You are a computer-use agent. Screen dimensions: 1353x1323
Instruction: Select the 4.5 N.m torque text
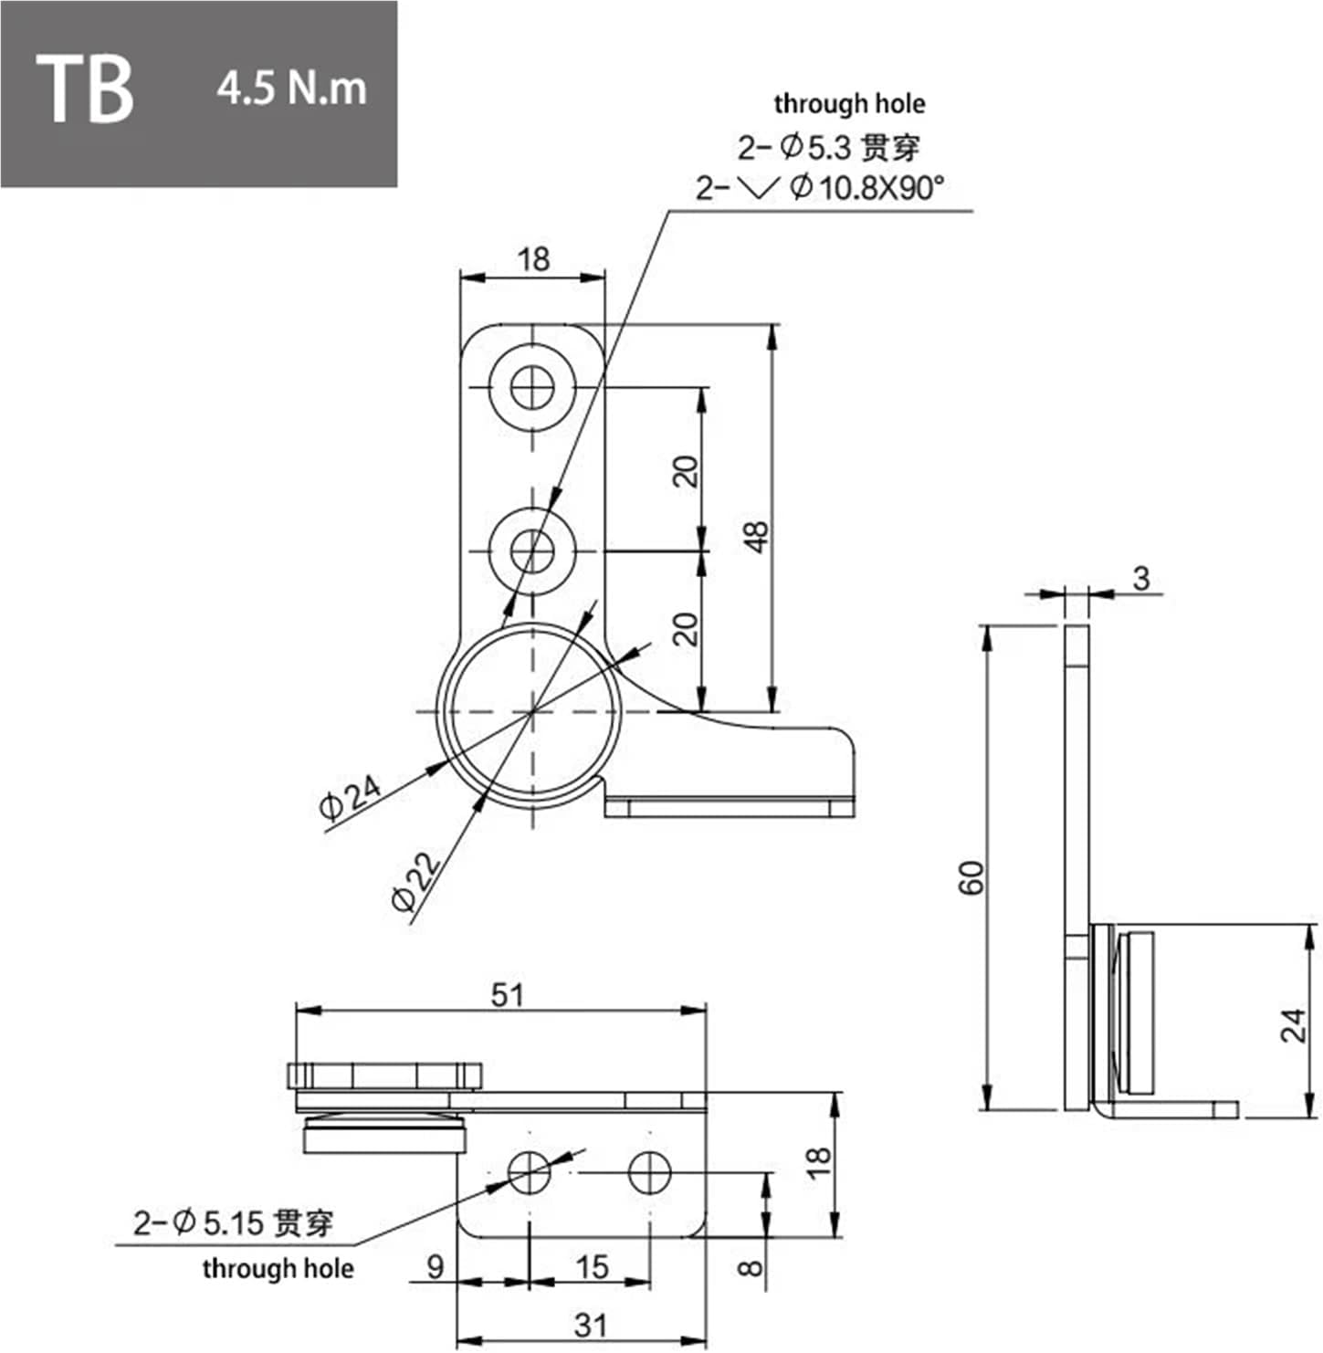pyautogui.click(x=291, y=89)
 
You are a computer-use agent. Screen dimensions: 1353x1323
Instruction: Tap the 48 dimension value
pyautogui.click(x=757, y=537)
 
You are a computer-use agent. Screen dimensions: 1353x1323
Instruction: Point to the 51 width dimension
pyautogui.click(x=508, y=994)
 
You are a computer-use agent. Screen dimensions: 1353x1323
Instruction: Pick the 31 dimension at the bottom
pyautogui.click(x=589, y=1325)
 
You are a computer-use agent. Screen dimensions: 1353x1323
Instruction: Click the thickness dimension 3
pyautogui.click(x=1141, y=578)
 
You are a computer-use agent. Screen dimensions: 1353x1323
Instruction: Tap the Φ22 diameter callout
pyautogui.click(x=416, y=882)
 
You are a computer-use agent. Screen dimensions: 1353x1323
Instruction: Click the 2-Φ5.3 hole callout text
pyautogui.click(x=829, y=146)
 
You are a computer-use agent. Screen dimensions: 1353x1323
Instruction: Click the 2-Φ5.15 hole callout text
pyautogui.click(x=233, y=1222)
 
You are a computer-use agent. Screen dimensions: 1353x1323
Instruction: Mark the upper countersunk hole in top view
pyautogui.click(x=532, y=389)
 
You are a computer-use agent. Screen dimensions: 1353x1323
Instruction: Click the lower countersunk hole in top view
pyautogui.click(x=532, y=551)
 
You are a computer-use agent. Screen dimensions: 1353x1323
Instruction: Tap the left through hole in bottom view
pyautogui.click(x=530, y=1172)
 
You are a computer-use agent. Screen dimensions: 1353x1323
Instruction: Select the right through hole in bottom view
pyautogui.click(x=649, y=1172)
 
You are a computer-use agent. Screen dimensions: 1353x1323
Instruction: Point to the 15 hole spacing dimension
pyautogui.click(x=592, y=1267)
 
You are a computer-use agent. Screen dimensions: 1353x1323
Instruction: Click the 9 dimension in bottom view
pyautogui.click(x=436, y=1267)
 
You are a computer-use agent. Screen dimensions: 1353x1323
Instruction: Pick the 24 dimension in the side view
pyautogui.click(x=1294, y=1025)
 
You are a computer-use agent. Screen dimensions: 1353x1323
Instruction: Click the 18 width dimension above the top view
pyautogui.click(x=533, y=259)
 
